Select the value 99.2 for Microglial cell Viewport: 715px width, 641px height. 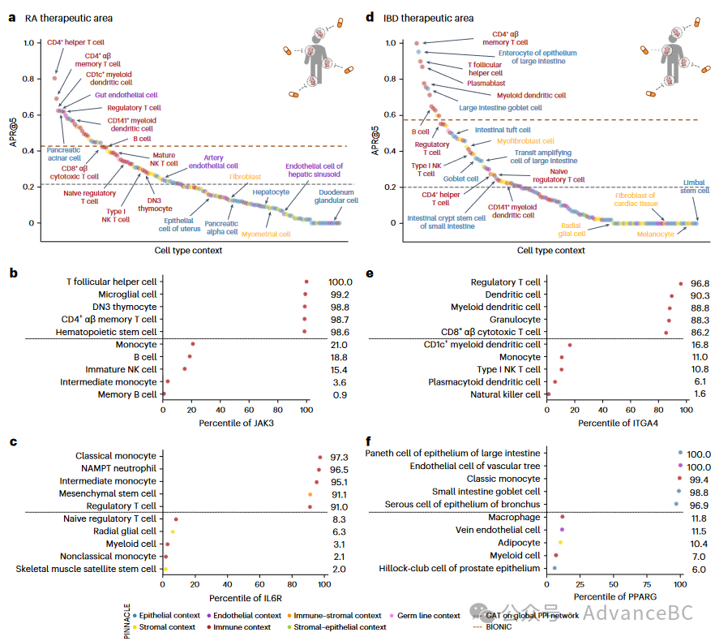tap(340, 294)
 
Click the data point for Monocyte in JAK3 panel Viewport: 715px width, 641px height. tap(193, 344)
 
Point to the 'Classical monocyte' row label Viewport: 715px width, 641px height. tap(116, 457)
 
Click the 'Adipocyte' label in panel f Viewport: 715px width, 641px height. tap(518, 543)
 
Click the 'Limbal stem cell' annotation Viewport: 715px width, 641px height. tap(696, 187)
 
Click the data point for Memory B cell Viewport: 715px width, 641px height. tap(164, 394)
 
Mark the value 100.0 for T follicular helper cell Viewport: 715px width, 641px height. tap(340, 282)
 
